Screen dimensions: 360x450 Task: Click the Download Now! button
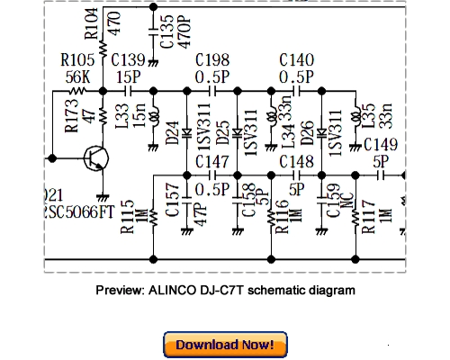(x=225, y=345)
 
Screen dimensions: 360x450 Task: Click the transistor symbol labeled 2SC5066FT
(x=94, y=160)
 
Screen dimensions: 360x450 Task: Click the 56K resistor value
(x=77, y=76)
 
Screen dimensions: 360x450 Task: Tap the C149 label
(x=382, y=145)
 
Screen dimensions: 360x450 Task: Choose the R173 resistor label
(x=69, y=119)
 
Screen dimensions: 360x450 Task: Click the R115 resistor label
(x=128, y=217)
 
